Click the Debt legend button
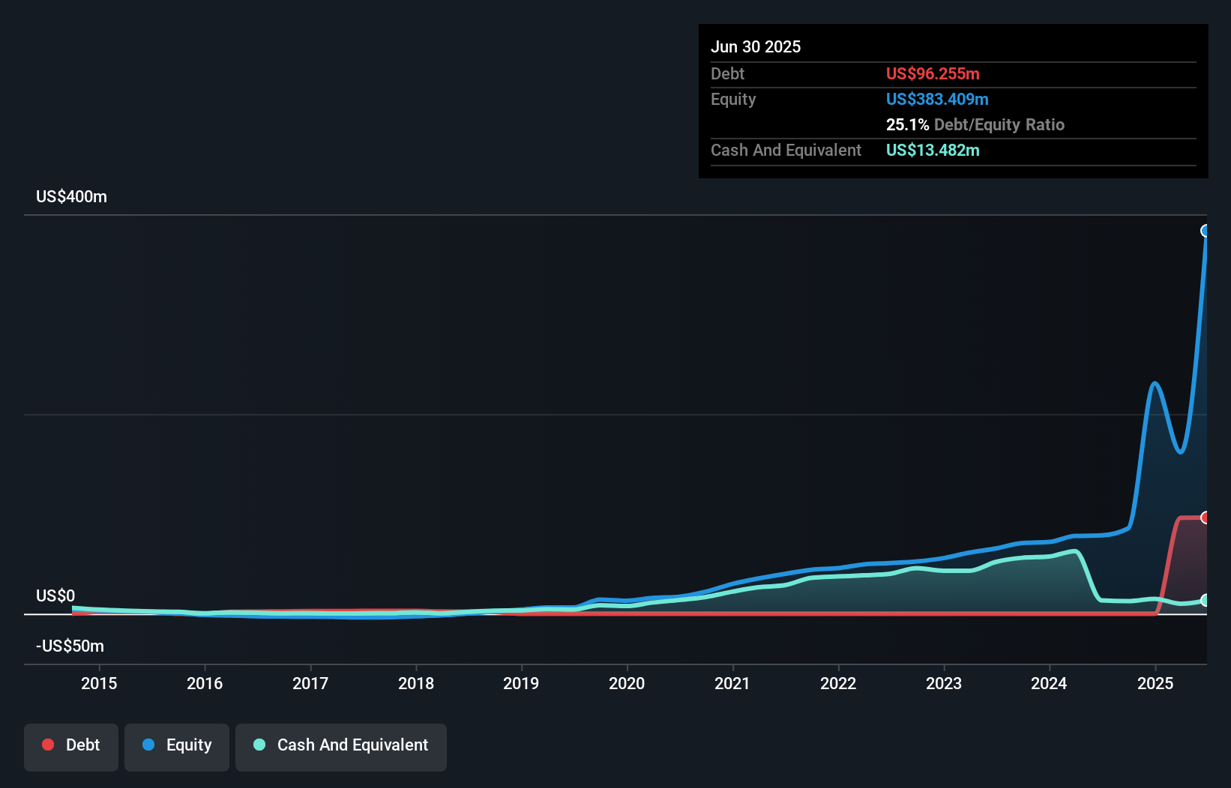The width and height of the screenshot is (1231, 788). (x=70, y=746)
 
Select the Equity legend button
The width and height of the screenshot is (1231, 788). (x=177, y=746)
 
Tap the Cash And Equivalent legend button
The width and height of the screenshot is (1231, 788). (x=341, y=746)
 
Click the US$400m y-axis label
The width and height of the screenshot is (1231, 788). (x=71, y=197)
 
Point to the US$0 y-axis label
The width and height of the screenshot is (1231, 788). (x=55, y=596)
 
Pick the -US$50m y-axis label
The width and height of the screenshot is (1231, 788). (x=70, y=646)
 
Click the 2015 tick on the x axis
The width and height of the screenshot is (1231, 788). (x=99, y=684)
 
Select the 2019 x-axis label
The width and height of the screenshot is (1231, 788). (x=521, y=684)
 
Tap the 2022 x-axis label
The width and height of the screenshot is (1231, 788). (x=837, y=684)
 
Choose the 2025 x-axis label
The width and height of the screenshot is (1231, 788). (x=1155, y=684)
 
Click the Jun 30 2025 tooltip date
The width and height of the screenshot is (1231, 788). (x=756, y=47)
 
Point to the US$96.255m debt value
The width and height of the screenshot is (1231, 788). (x=933, y=74)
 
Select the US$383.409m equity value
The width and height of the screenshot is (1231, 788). (x=937, y=100)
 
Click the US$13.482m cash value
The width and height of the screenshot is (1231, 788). (x=933, y=151)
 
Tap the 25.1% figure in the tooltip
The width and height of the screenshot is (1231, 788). (x=907, y=125)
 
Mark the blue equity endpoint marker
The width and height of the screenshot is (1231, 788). (x=1206, y=231)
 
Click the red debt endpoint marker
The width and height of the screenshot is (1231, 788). (x=1206, y=518)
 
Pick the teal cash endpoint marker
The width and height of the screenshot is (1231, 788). (x=1206, y=600)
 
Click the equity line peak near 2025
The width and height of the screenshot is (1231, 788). (x=1155, y=384)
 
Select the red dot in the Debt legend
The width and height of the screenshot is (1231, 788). (x=48, y=745)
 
